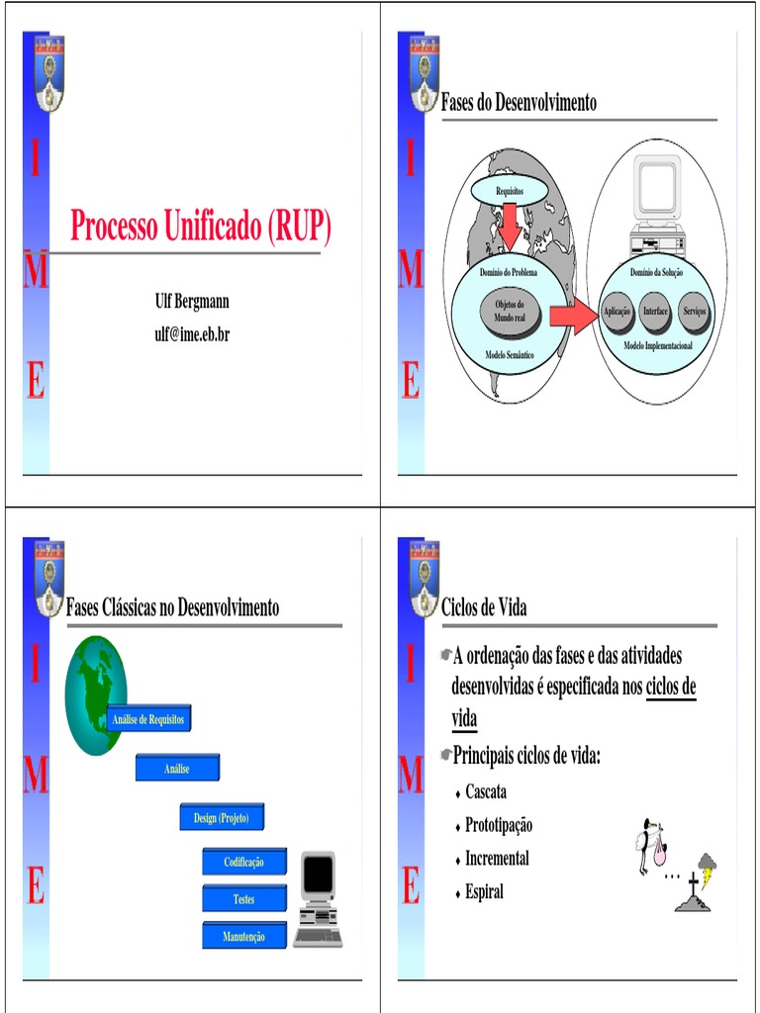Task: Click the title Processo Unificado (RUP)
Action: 200,228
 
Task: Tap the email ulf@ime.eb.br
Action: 192,334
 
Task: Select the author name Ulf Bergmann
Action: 192,302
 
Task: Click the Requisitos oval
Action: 509,188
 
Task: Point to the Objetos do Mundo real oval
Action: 510,312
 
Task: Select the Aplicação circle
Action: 617,312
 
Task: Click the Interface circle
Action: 656,312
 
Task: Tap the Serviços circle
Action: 695,312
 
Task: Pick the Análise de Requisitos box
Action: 148,719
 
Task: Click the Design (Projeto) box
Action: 222,818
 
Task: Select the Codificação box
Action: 243,862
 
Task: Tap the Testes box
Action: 243,899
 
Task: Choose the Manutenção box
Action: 243,936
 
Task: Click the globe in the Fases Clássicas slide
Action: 95,694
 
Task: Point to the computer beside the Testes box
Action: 318,898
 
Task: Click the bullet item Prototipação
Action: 499,825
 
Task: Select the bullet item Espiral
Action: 484,891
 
